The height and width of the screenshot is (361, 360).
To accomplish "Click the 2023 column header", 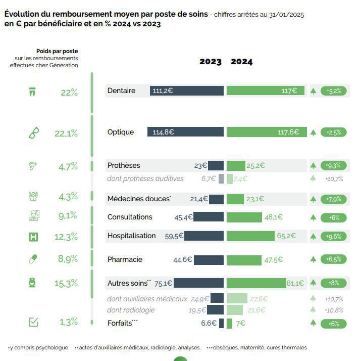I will click(x=210, y=62).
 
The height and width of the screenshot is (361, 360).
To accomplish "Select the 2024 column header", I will click(x=242, y=62).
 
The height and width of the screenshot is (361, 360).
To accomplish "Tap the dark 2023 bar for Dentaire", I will click(x=187, y=91).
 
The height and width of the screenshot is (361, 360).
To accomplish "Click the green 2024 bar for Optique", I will click(x=266, y=132).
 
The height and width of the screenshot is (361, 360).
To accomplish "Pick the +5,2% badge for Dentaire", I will click(x=334, y=91).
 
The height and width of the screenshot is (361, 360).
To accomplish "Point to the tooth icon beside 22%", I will click(x=33, y=93).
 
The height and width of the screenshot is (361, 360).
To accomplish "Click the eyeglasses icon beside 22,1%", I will click(x=34, y=133).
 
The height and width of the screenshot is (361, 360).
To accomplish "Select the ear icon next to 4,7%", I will click(x=33, y=166).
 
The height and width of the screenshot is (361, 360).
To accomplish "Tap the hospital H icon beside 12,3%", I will click(x=33, y=236).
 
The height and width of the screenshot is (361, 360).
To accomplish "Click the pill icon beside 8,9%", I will click(x=33, y=259).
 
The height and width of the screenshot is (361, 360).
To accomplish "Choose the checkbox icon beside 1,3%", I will click(x=33, y=322).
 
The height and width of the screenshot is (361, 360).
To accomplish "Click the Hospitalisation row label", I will click(x=131, y=236).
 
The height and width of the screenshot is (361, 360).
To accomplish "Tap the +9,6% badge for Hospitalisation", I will click(x=334, y=236).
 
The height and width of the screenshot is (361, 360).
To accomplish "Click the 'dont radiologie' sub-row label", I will click(x=131, y=310).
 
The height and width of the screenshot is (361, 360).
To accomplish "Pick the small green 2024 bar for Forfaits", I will click(x=229, y=323).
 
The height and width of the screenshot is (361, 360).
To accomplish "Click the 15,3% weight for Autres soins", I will click(x=66, y=284).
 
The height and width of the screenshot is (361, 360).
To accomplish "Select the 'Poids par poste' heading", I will click(x=57, y=51).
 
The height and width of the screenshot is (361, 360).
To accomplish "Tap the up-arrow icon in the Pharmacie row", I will click(x=313, y=259).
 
